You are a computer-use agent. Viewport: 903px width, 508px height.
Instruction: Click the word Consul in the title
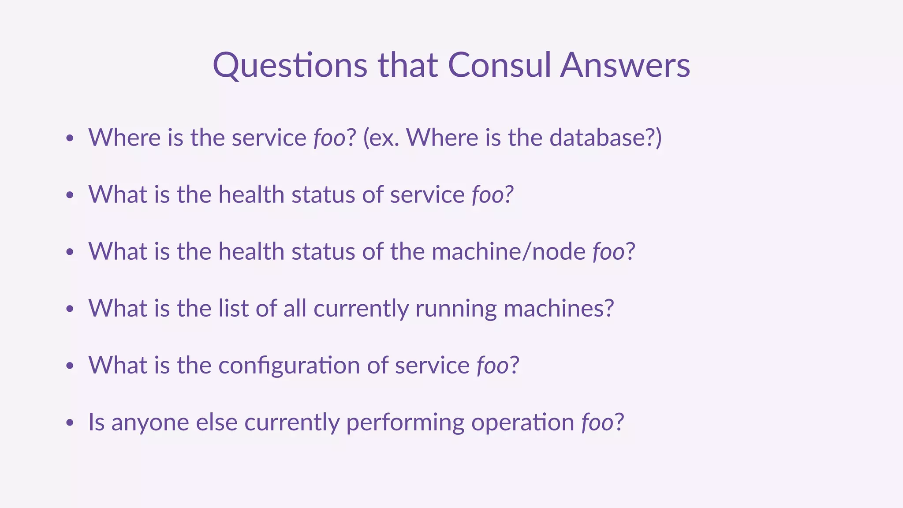499,65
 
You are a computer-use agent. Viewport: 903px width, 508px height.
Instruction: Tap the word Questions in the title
290,65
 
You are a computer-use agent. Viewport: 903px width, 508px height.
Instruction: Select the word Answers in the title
625,65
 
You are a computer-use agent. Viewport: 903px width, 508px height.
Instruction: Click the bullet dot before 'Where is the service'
69,138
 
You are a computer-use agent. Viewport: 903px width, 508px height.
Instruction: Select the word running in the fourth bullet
456,309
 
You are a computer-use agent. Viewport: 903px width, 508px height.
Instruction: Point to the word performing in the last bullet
405,422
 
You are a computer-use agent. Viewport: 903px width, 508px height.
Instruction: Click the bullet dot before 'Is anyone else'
69,423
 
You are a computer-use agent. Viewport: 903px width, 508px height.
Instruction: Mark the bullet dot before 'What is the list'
69,309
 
